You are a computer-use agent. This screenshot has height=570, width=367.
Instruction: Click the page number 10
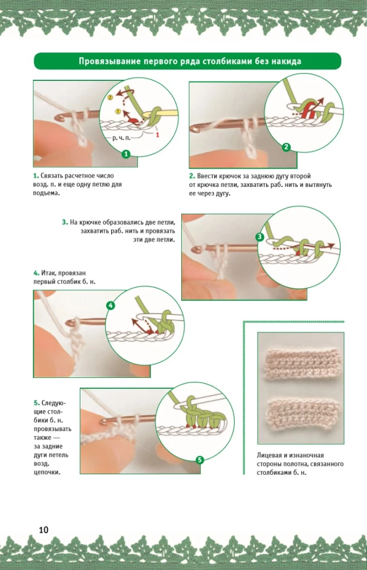pos(44,530)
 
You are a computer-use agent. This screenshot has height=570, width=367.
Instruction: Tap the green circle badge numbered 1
pos(126,153)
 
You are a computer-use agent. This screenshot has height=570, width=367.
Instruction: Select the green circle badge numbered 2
pos(287,147)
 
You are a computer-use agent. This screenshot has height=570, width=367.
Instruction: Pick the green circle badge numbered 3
pos(260,236)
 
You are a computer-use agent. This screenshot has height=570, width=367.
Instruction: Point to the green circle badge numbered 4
pos(111,306)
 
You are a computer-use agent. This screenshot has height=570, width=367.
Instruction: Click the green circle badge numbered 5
pos(199,459)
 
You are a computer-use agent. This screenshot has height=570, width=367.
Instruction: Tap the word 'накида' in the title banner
pos(283,62)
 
